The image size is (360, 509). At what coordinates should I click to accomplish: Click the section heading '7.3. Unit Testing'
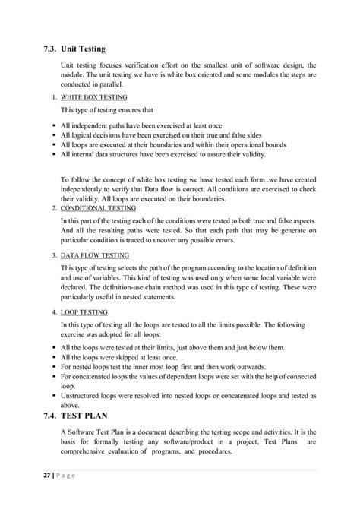(77, 50)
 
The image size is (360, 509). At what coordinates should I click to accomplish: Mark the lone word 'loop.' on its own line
(68, 385)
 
